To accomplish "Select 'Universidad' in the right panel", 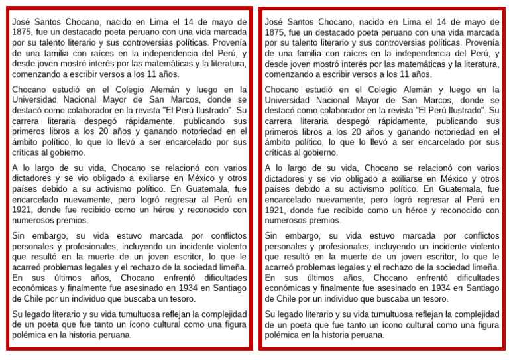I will coord(290,100).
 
